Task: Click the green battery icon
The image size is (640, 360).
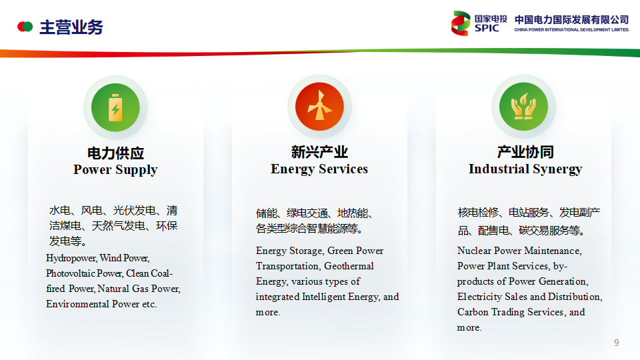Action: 115,108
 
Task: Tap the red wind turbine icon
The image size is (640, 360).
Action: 319,107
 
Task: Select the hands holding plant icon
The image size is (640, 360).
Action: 524,107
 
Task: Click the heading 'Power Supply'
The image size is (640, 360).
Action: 115,170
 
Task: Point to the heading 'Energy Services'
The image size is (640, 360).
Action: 319,169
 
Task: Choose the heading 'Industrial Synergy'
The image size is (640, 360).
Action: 525,169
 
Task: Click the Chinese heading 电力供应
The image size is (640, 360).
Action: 115,153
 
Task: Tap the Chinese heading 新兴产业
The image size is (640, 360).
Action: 319,152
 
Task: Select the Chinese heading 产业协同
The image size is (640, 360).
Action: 525,152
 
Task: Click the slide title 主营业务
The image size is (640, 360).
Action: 71,27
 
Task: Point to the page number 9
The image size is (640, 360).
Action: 616,343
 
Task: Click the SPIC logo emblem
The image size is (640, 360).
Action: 461,23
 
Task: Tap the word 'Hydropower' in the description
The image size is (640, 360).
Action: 71,259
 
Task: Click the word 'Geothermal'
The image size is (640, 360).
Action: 349,266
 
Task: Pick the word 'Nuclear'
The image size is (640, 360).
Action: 474,251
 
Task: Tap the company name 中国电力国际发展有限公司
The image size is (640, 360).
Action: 571,19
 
